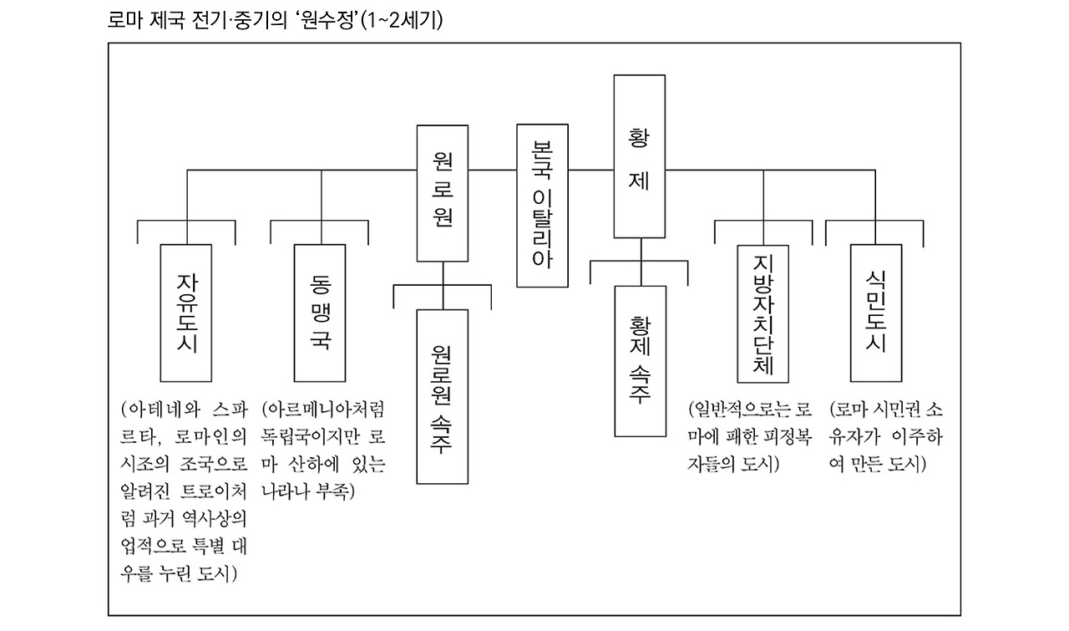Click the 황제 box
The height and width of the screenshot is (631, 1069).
click(639, 156)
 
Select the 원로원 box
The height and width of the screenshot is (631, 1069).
click(443, 193)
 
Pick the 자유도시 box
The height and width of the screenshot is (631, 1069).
click(188, 311)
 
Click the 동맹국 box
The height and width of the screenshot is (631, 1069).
click(320, 311)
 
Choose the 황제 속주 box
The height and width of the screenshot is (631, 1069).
click(641, 360)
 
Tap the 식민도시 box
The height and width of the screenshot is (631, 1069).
click(875, 313)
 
